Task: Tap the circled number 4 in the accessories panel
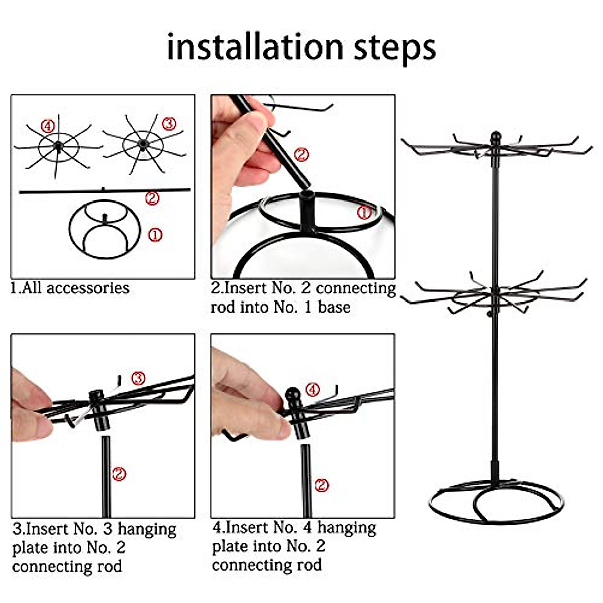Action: click(x=48, y=127)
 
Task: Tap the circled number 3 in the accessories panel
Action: click(x=169, y=124)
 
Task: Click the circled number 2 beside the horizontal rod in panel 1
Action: click(x=152, y=198)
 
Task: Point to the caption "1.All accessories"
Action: click(x=70, y=288)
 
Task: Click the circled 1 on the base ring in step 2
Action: click(x=364, y=212)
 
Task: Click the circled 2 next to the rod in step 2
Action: click(x=301, y=154)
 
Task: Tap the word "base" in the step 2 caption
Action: click(x=334, y=307)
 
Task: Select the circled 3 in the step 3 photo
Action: click(x=138, y=378)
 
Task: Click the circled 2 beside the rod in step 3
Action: click(x=119, y=473)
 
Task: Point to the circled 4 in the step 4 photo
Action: click(x=313, y=389)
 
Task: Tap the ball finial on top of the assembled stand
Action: click(x=495, y=137)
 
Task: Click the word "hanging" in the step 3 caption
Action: click(x=147, y=529)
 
